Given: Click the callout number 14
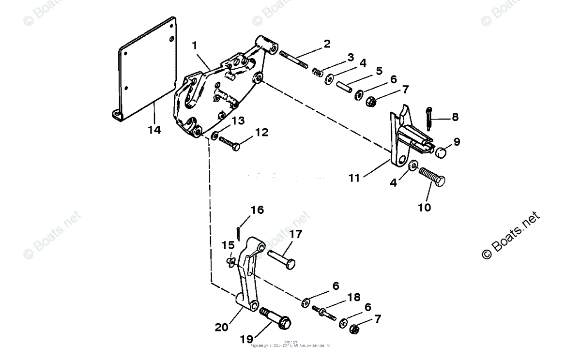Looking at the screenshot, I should [155, 130].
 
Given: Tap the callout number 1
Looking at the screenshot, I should [194, 46].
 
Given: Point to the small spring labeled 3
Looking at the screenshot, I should [317, 72].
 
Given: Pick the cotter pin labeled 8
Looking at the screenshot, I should [429, 119].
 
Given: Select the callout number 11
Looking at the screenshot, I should [354, 178].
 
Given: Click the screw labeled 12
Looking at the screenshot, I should [229, 144].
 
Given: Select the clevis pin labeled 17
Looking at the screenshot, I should [280, 257].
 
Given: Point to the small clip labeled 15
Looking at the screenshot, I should [230, 261].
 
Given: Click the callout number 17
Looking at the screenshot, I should [295, 234].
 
